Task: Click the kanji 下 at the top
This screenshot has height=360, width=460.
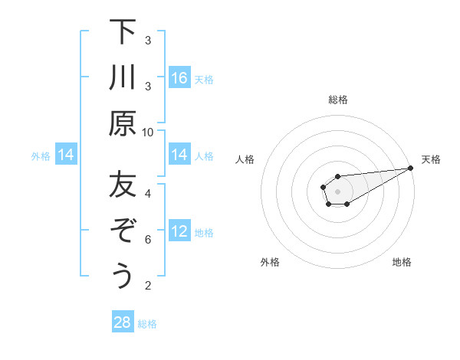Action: [x=123, y=33]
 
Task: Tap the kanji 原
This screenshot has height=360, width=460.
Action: [x=123, y=123]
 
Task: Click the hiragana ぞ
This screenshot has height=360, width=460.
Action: [x=123, y=231]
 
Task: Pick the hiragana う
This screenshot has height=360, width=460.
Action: [x=123, y=276]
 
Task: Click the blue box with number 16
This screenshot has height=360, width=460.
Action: [x=179, y=78]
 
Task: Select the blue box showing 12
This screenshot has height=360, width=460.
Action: [x=179, y=231]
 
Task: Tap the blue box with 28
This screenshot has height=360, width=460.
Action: [x=123, y=322]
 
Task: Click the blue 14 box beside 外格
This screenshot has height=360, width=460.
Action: [x=66, y=155]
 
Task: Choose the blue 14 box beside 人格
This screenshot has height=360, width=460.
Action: [x=179, y=155]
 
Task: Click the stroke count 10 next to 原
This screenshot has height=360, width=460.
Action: [x=148, y=132]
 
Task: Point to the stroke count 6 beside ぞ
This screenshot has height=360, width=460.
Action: [x=148, y=240]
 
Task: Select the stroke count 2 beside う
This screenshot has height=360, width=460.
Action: [x=148, y=286]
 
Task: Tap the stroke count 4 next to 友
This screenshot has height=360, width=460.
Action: [x=148, y=193]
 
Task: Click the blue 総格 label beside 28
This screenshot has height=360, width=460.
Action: [x=147, y=323]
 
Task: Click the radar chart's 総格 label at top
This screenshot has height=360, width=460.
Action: [x=337, y=100]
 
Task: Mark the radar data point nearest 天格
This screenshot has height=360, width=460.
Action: [x=411, y=168]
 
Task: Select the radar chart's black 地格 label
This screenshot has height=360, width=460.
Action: [x=402, y=263]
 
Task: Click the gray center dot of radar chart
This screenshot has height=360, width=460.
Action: [x=337, y=190]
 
